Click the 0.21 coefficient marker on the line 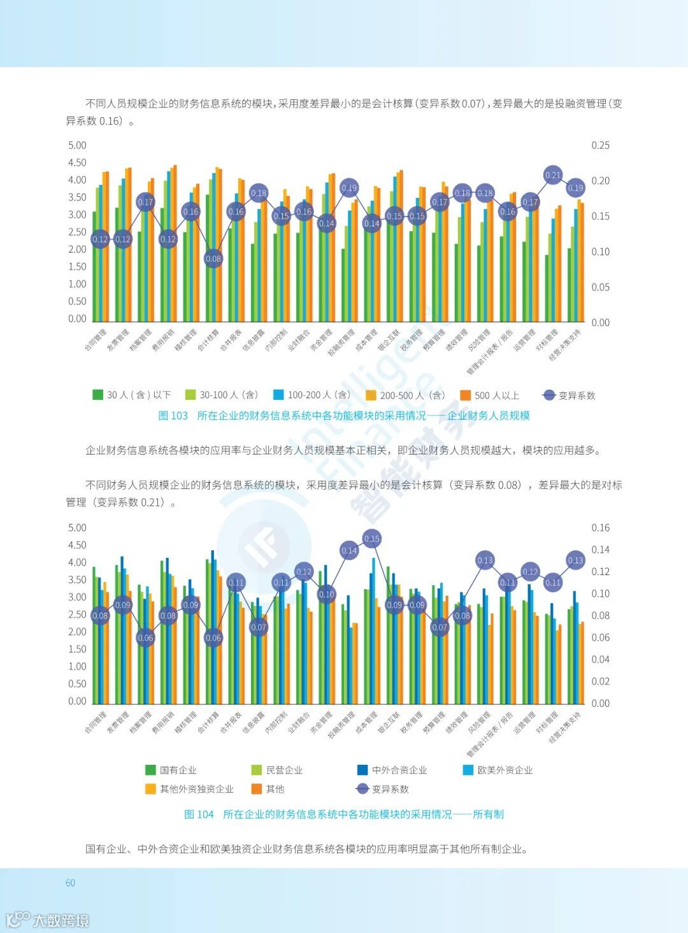[553, 175]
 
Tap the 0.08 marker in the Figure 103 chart [213, 259]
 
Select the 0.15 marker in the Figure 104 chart [372, 539]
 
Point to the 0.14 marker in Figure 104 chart [349, 551]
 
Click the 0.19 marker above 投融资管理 [349, 188]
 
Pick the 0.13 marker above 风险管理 [485, 560]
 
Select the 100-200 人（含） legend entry [312, 395]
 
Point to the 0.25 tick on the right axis [600, 145]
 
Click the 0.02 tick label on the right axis [600, 681]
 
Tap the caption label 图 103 [173, 416]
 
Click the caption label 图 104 [199, 815]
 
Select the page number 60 [70, 883]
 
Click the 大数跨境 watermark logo [48, 920]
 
